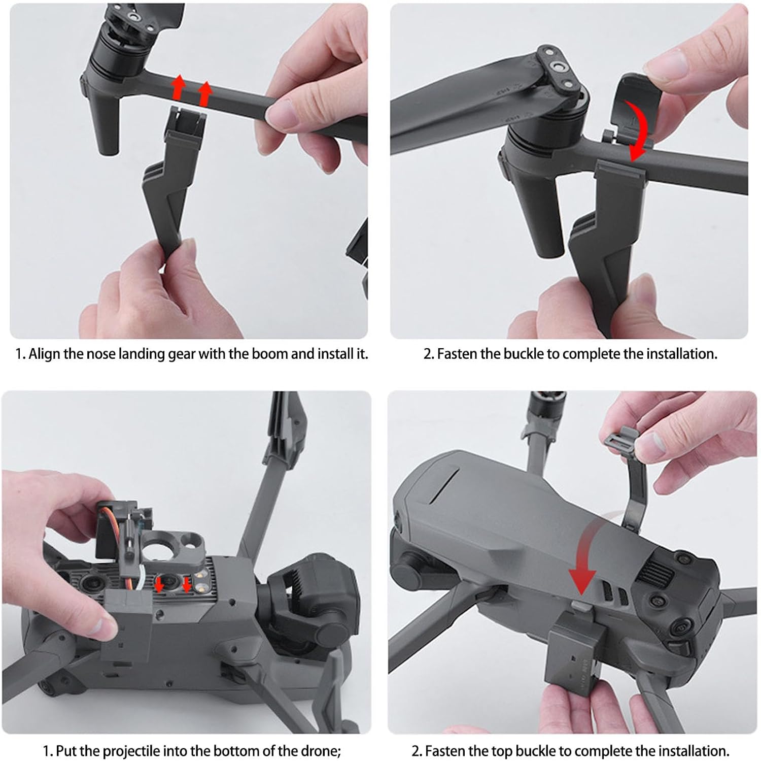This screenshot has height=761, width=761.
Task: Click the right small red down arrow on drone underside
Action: [187, 585]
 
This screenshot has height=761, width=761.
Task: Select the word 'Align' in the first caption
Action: [44, 354]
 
